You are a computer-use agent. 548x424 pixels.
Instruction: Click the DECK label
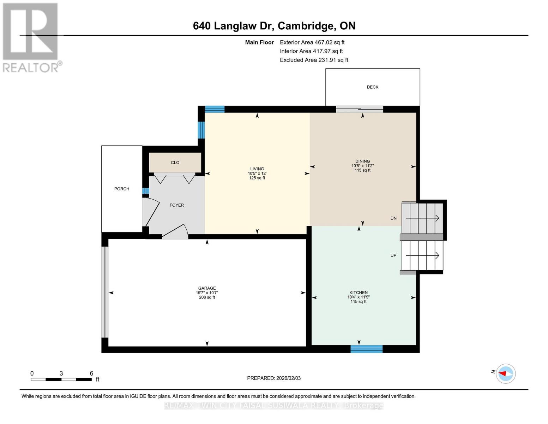(373, 87)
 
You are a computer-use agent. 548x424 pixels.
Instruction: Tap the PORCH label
(121, 189)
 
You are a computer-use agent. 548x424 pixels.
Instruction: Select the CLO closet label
(175, 163)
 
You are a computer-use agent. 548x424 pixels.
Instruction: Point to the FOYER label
(176, 205)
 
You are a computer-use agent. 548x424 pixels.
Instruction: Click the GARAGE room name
(207, 288)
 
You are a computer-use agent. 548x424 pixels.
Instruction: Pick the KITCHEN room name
(359, 293)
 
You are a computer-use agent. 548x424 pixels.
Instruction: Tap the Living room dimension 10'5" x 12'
(257, 173)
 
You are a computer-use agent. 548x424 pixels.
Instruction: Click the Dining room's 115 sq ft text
(362, 170)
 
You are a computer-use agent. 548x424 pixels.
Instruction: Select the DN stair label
(393, 218)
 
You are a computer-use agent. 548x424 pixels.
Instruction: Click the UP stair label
(393, 255)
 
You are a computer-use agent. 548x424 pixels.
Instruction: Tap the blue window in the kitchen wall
(366, 349)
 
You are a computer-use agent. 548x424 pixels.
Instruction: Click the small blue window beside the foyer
(145, 191)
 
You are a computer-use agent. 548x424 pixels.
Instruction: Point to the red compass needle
(502, 373)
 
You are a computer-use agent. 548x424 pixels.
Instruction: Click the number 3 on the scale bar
(61, 373)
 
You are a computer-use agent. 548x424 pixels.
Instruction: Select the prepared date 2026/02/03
(288, 378)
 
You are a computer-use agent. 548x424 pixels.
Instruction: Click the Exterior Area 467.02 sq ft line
(312, 42)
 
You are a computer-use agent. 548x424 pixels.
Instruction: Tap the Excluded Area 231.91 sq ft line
(314, 60)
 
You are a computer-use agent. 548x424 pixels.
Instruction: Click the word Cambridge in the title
(307, 26)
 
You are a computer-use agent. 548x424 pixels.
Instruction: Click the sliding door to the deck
(359, 109)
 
